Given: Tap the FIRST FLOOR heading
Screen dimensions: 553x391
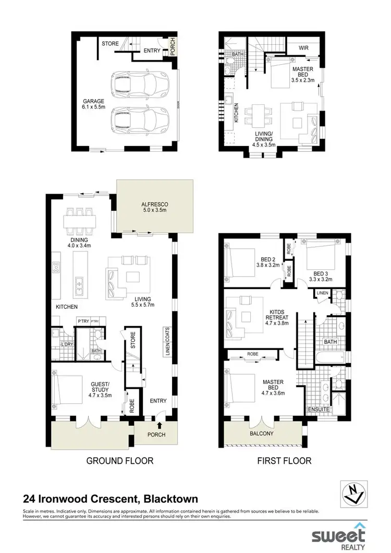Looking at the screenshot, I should tap(284, 461).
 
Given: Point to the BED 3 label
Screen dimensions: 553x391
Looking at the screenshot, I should tap(321, 273).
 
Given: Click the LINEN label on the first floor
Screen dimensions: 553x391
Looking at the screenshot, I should tap(323, 294).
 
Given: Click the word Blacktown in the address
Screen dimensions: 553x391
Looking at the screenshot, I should tap(170, 499).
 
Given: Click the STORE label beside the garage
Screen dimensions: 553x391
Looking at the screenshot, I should tap(110, 43).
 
